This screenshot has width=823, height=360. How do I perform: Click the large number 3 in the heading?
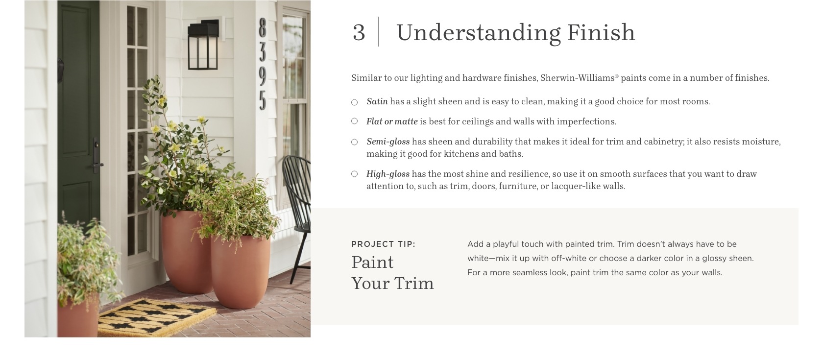point(359,32)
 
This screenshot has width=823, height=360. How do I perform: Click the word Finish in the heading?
point(601,32)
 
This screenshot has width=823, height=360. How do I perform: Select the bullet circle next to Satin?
point(355,102)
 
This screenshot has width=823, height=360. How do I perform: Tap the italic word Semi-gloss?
point(388,142)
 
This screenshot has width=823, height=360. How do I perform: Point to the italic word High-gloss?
point(388,174)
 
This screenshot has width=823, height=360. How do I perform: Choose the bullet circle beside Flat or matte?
point(355,121)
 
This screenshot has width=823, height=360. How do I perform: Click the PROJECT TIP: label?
point(383,244)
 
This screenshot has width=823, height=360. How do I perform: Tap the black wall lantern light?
point(203,45)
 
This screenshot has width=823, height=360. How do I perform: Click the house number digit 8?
point(263,28)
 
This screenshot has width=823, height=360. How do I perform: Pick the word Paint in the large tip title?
point(372,263)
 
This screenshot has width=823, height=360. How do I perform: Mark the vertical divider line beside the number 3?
point(379,31)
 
